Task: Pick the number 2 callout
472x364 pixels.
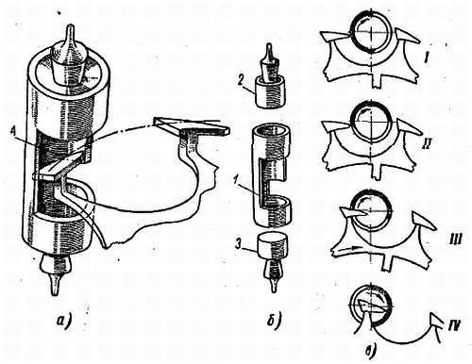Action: point(241,80)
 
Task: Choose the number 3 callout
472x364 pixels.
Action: point(241,244)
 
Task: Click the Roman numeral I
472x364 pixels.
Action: point(426,58)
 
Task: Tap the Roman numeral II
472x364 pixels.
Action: point(429,142)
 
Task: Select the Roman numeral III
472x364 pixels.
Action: point(452,241)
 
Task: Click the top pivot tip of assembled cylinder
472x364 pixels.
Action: point(72,31)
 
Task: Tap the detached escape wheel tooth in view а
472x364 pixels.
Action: point(192,125)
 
